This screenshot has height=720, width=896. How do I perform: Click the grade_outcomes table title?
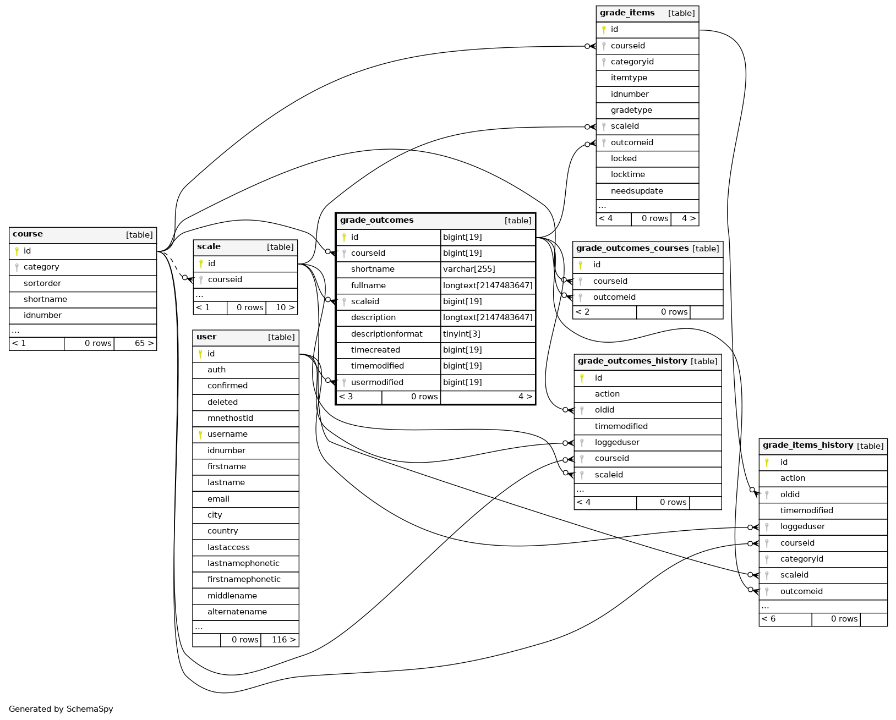click(377, 221)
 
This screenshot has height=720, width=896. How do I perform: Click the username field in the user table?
click(227, 434)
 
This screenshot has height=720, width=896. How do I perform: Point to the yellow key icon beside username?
click(200, 435)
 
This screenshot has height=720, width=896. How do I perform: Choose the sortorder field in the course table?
click(42, 283)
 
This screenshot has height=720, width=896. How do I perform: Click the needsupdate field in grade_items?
click(637, 191)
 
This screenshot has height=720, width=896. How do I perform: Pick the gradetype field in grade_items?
click(631, 110)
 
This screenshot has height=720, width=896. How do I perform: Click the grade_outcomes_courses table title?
click(632, 248)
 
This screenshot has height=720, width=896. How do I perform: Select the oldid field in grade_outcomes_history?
click(604, 410)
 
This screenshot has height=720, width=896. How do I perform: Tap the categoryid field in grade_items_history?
click(801, 559)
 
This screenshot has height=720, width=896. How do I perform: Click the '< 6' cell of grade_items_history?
click(769, 619)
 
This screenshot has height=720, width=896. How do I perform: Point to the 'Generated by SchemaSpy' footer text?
click(61, 709)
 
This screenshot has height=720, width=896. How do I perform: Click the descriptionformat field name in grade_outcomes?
click(387, 334)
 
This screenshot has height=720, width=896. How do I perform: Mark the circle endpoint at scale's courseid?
click(185, 278)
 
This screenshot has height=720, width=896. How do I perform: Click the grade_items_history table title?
click(808, 446)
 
